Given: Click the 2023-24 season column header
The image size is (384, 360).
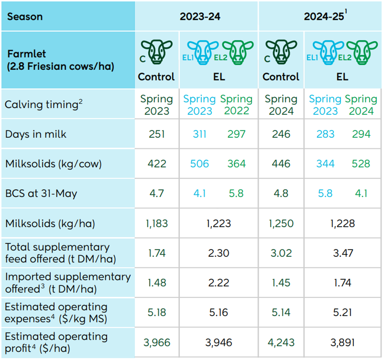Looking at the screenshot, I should click(x=200, y=17).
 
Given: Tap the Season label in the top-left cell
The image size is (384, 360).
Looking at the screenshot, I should click(x=25, y=17).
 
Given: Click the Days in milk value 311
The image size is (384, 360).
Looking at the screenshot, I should click(x=199, y=134).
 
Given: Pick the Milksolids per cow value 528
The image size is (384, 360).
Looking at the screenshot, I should click(x=361, y=164).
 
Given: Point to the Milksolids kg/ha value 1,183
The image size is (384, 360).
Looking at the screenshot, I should click(x=156, y=223).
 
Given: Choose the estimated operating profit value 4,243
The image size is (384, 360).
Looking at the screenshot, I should click(x=281, y=342).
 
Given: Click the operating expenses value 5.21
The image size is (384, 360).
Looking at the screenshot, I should click(x=342, y=313).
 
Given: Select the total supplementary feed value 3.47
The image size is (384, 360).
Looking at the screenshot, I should click(x=342, y=253).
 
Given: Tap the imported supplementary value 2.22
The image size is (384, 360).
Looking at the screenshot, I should click(x=219, y=283).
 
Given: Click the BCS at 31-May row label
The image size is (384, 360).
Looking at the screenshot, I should click(x=41, y=193).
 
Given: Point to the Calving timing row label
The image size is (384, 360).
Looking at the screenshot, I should click(x=44, y=104).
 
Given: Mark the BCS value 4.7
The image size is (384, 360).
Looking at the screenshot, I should click(x=156, y=193).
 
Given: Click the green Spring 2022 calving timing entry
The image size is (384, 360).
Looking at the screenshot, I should click(x=236, y=105).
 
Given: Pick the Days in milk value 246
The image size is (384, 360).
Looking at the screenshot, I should click(x=281, y=134).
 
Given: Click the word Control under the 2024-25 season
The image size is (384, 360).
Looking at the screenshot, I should click(x=281, y=77).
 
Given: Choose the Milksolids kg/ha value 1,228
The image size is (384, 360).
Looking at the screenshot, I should click(x=342, y=223).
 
